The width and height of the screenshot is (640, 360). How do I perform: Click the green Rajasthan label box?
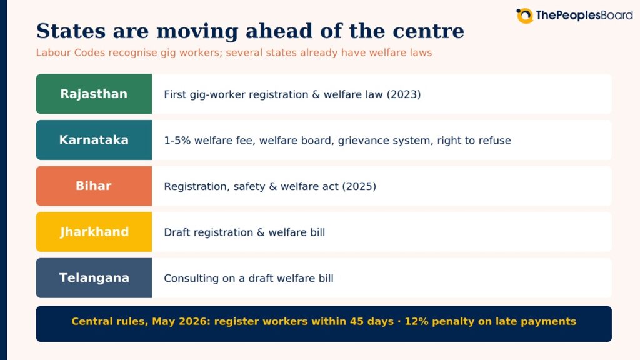[94, 94]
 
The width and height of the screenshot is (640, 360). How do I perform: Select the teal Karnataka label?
[94, 140]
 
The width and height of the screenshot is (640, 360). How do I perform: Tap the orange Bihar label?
[94, 186]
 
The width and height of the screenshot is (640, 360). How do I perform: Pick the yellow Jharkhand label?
[94, 232]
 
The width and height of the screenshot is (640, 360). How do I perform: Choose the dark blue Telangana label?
[94, 278]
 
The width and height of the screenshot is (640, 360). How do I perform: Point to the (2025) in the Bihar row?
[359, 186]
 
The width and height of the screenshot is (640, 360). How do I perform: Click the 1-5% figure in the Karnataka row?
[177, 141]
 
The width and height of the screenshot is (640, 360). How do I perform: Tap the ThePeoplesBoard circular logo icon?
[524, 16]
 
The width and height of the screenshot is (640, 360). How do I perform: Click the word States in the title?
[71, 31]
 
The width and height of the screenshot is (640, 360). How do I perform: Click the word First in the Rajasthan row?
[175, 94]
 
